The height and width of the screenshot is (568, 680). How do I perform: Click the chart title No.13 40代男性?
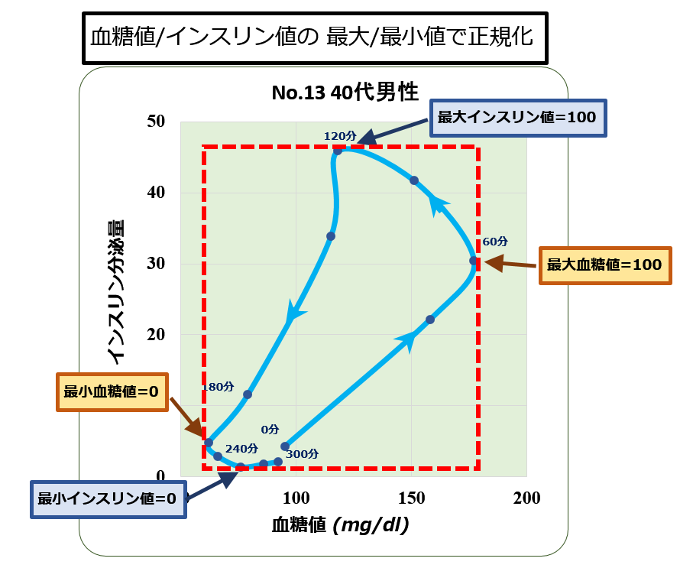point(345,93)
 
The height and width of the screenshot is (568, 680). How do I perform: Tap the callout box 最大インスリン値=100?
point(518,118)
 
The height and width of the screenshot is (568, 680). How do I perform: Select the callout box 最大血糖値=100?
point(605,265)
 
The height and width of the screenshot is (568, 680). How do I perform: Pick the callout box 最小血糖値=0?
point(112,392)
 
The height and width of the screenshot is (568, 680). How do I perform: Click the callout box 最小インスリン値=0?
point(108,499)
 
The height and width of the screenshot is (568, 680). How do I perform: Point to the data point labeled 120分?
point(338,151)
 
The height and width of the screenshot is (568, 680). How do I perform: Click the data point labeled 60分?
point(473,261)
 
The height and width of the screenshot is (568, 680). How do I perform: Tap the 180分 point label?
point(219,387)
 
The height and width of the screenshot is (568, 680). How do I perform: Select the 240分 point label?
point(241,448)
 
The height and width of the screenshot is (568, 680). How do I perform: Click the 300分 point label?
point(303,454)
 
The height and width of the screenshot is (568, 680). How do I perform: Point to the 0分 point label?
point(270,429)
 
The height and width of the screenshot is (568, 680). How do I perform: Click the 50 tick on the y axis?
point(156,121)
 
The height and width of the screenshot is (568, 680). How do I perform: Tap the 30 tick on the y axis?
point(156,263)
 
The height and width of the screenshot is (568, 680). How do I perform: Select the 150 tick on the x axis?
point(412,498)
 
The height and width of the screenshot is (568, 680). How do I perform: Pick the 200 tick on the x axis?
point(527,498)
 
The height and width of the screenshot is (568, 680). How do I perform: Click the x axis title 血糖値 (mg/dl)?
point(341,525)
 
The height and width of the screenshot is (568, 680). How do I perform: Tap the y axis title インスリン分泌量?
point(115,292)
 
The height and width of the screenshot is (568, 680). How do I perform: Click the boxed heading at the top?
point(315,38)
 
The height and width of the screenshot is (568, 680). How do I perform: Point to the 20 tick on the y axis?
point(156,334)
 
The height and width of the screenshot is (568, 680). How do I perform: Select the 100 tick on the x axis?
point(296,498)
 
